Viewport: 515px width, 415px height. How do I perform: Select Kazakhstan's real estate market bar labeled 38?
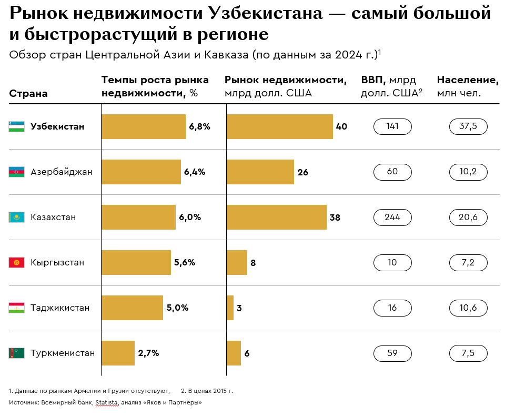276,217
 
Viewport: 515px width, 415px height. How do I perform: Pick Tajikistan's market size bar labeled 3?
230,308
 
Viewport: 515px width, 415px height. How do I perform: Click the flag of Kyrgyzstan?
16,262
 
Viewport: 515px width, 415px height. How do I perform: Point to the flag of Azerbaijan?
16,172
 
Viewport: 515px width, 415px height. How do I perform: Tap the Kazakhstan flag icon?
16,217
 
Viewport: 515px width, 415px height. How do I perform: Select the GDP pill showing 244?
392,217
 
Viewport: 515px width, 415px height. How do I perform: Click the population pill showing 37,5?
468,126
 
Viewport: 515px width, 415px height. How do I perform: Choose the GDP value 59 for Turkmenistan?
392,353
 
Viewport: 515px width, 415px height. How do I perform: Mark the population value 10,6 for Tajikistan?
468,308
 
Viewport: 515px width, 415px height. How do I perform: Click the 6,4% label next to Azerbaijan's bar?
195,172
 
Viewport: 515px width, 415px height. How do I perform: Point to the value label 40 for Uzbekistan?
341,126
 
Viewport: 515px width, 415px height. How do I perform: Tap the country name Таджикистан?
60,308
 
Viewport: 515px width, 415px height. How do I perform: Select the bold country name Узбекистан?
57,126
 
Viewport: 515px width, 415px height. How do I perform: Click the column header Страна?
28,94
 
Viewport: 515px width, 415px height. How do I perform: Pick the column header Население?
468,81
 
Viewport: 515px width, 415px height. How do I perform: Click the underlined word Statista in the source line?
107,402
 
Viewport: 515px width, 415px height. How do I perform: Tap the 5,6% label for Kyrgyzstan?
184,262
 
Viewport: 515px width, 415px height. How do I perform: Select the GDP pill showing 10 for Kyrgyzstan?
392,262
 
